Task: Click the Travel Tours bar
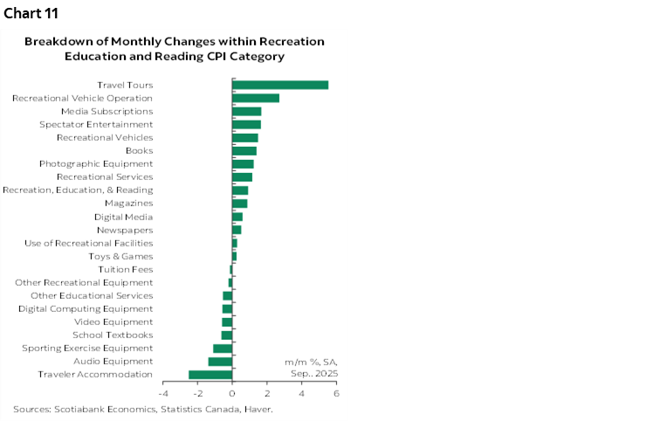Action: pos(280,85)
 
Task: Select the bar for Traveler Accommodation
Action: pos(210,375)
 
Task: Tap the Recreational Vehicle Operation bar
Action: pos(256,98)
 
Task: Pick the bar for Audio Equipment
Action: pos(220,362)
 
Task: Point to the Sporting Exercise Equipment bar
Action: pos(223,349)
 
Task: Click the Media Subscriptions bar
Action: pos(246,111)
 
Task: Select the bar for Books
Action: pos(244,151)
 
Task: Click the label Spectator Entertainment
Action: pos(96,125)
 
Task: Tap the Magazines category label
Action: pos(128,204)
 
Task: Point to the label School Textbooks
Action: pos(113,335)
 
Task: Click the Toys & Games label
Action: pos(120,256)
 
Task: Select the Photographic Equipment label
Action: pos(96,164)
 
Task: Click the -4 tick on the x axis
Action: pos(162,393)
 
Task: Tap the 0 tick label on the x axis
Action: pos(232,393)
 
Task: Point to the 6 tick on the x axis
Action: pos(336,393)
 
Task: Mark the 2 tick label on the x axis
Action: pos(267,393)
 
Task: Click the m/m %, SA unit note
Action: pos(311,362)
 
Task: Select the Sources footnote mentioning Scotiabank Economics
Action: pos(143,409)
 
